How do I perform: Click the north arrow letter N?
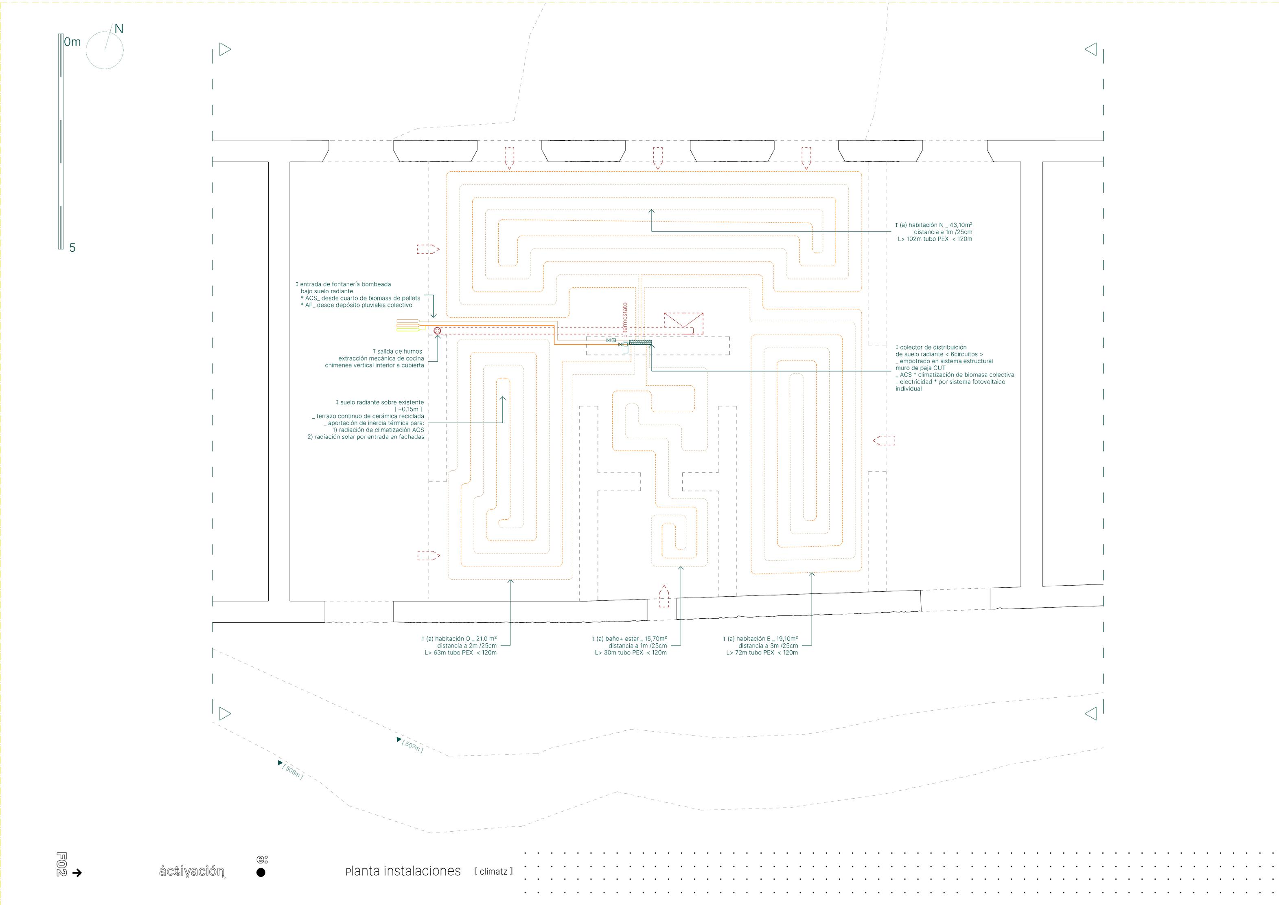(x=118, y=29)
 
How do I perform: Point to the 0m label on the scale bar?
(x=72, y=42)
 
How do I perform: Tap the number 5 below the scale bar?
(x=72, y=248)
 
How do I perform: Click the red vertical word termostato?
(x=625, y=319)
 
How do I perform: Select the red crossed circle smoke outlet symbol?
(x=437, y=331)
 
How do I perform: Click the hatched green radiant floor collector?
(x=640, y=342)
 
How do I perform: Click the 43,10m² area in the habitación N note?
(x=957, y=225)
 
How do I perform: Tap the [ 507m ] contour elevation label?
(x=412, y=746)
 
